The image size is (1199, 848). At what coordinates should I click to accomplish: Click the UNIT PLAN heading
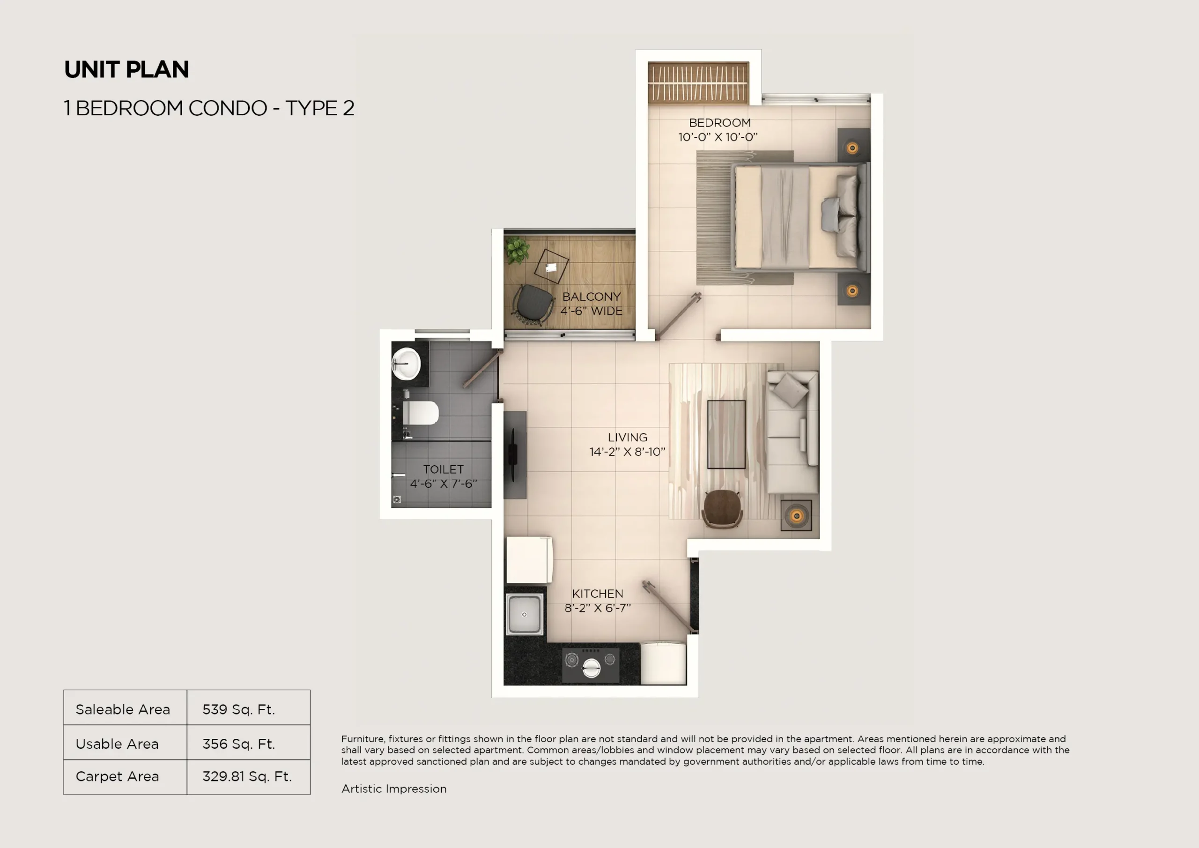coord(126,69)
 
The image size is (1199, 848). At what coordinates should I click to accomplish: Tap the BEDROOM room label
coord(719,123)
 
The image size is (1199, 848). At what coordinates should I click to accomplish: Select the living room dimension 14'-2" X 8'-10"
coord(627,452)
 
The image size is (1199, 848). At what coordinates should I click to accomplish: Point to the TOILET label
coord(443,469)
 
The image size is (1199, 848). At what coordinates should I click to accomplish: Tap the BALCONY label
coord(591,297)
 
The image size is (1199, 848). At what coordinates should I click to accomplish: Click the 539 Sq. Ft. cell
coord(239,709)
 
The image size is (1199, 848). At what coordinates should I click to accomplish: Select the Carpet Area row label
coord(118,776)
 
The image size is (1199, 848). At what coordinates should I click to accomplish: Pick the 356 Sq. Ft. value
coord(239,744)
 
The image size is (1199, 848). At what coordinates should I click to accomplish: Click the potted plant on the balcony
coord(517,250)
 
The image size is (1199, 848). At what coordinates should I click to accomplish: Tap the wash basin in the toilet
coord(406,364)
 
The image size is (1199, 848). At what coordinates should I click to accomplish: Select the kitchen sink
coord(524,614)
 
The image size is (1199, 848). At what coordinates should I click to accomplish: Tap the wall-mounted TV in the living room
coord(513,454)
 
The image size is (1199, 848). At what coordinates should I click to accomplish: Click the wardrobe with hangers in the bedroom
coord(698,82)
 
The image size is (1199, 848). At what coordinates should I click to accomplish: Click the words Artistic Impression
coord(394,788)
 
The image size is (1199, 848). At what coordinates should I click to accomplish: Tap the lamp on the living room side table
coord(796,516)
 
